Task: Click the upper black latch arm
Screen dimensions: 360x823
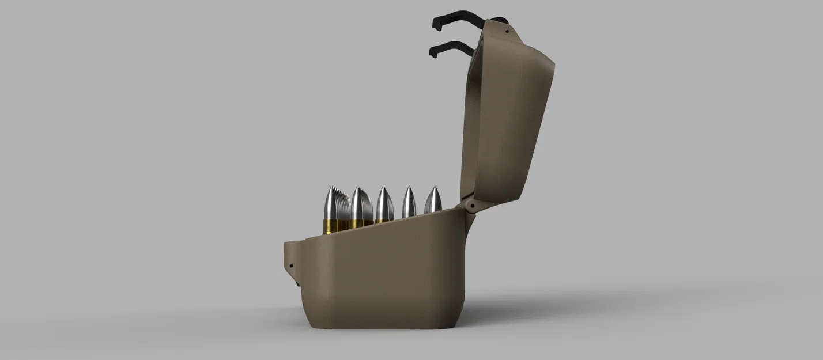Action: pyautogui.click(x=461, y=17)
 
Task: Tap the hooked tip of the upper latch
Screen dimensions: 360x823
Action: pyautogui.click(x=436, y=24)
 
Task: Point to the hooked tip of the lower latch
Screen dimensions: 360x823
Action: pyautogui.click(x=432, y=52)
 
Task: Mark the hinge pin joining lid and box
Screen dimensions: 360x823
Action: pyautogui.click(x=471, y=204)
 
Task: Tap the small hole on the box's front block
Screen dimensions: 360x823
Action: pyautogui.click(x=290, y=267)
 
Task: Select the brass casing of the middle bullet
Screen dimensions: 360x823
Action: pyautogui.click(x=383, y=219)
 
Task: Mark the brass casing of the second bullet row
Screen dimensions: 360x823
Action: pyautogui.click(x=360, y=223)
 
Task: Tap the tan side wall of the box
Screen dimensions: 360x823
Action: pyautogui.click(x=386, y=276)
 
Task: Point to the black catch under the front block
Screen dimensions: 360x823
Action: pyautogui.click(x=296, y=282)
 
